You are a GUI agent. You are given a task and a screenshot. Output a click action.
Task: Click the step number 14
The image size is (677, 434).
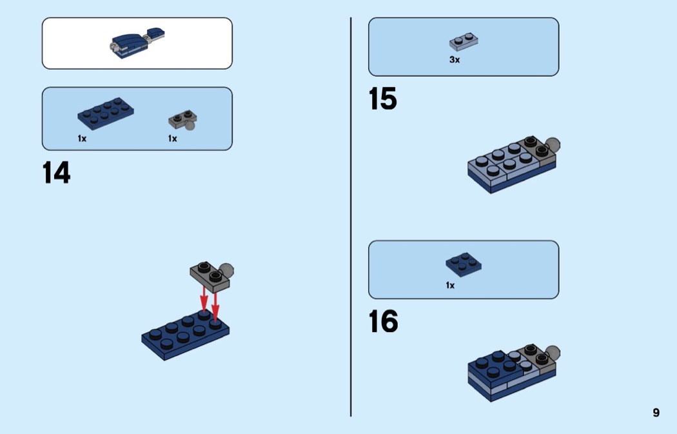pos(57,173)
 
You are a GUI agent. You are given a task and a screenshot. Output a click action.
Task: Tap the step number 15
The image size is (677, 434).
pos(383,99)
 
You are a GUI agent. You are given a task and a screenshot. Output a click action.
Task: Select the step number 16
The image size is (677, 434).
pos(384,322)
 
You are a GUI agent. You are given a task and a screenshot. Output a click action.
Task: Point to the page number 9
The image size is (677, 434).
pos(656,413)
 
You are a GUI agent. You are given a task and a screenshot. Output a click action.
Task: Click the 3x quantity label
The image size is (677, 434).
pos(455,59)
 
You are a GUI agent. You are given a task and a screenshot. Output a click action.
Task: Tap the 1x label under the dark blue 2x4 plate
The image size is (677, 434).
pos(82,139)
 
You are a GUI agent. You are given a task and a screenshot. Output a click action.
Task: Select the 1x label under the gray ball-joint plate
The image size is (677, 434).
pos(173,139)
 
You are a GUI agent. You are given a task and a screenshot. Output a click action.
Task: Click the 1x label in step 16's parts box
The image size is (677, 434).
pos(450,286)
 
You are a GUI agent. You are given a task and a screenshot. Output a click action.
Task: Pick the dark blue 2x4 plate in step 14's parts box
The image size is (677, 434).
pos(106,113)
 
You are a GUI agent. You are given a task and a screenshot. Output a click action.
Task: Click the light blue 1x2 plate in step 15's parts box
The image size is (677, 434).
pos(464,41)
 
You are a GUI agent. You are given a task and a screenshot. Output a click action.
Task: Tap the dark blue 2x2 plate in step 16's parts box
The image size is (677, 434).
pos(464,264)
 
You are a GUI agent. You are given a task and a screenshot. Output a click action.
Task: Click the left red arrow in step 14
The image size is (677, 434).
pos(204,299)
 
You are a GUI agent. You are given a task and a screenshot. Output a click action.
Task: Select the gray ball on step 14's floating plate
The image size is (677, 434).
pos(226,271)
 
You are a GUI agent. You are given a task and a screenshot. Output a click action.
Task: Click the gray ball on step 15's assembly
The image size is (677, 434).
pos(553,144)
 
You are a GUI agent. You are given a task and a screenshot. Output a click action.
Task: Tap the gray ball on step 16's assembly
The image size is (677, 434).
pos(553,353)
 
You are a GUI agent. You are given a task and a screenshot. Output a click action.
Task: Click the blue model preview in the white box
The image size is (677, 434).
pos(138,43)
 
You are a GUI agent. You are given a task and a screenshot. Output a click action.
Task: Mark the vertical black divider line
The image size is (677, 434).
pos(351,217)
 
